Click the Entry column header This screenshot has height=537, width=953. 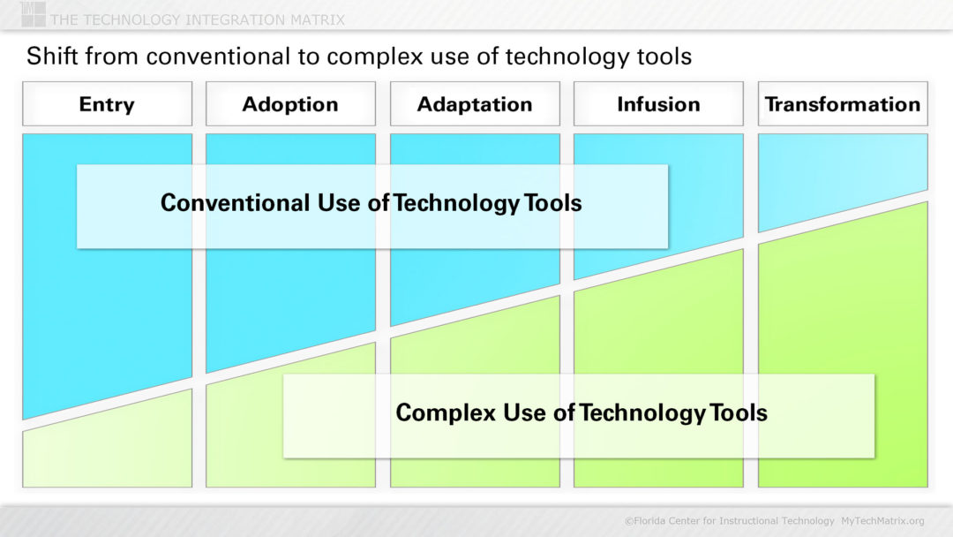click(x=107, y=104)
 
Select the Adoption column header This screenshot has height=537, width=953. click(x=290, y=104)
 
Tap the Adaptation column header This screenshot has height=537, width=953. click(x=475, y=104)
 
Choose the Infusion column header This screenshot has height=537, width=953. click(x=658, y=104)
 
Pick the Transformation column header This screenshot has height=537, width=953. click(x=843, y=104)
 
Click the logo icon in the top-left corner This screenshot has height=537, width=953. click(x=33, y=13)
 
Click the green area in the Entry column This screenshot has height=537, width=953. click(x=107, y=450)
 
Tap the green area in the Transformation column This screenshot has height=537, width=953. click(x=843, y=353)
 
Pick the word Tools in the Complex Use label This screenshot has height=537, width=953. click(x=739, y=412)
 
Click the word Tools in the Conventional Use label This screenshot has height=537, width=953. click(x=553, y=203)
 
